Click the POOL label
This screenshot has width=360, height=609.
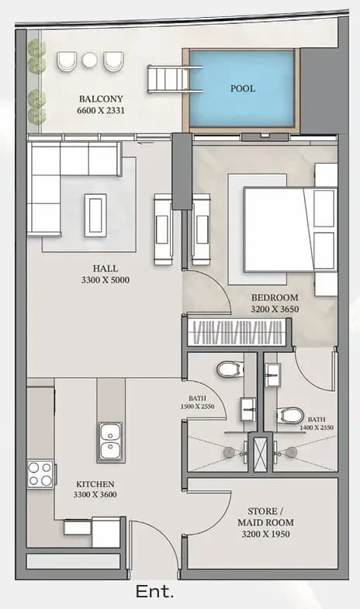pyautogui.click(x=243, y=88)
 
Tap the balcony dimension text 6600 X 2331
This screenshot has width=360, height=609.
pyautogui.click(x=101, y=110)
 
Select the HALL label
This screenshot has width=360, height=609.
pyautogui.click(x=106, y=268)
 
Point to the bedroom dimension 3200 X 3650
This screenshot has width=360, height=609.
pyautogui.click(x=275, y=310)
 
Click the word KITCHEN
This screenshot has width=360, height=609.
pyautogui.click(x=95, y=484)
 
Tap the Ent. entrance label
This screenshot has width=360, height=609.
pyautogui.click(x=154, y=592)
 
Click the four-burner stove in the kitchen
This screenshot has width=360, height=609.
pyautogui.click(x=40, y=474)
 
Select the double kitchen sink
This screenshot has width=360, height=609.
pyautogui.click(x=111, y=442)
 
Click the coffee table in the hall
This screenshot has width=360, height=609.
pyautogui.click(x=95, y=215)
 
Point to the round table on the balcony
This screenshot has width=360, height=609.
pyautogui.click(x=90, y=60)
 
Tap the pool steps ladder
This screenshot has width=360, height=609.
pyautogui.click(x=175, y=80)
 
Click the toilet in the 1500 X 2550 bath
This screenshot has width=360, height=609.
pyautogui.click(x=230, y=369)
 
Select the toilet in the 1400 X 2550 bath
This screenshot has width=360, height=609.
pyautogui.click(x=290, y=416)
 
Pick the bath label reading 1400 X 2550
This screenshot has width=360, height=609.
pyautogui.click(x=317, y=424)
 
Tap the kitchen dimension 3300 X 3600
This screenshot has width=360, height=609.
pyautogui.click(x=95, y=494)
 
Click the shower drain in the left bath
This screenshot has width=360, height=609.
pyautogui.click(x=229, y=452)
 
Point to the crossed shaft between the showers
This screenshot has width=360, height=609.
pyautogui.click(x=260, y=452)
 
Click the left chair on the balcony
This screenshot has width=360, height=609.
pyautogui.click(x=67, y=61)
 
